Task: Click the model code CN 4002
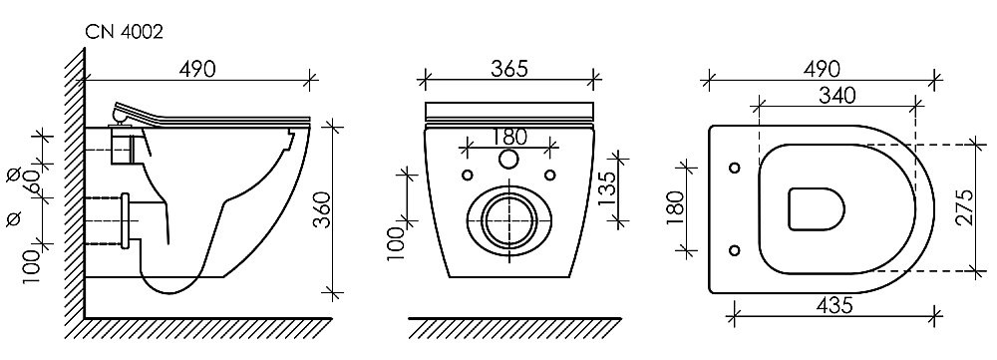(x=124, y=32)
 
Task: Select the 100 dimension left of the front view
(x=396, y=242)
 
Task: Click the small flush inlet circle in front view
(x=508, y=161)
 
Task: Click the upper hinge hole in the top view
(x=735, y=167)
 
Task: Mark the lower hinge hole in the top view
(x=735, y=249)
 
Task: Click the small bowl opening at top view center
(x=816, y=208)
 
